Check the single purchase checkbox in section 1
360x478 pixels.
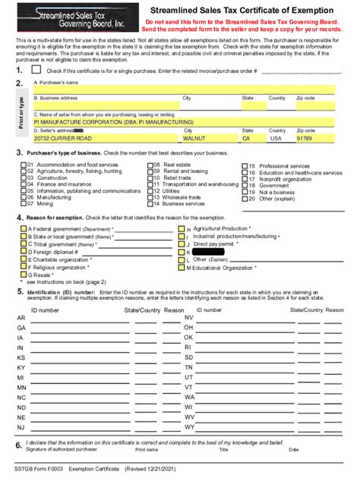pos(36,70)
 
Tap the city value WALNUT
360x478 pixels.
pos(195,139)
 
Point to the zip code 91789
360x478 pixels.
pos(304,139)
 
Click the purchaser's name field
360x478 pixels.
pos(182,90)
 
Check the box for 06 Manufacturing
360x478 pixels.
pos(23,197)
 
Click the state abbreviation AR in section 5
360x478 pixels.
pos(21,318)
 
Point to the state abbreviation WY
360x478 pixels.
pos(189,427)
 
